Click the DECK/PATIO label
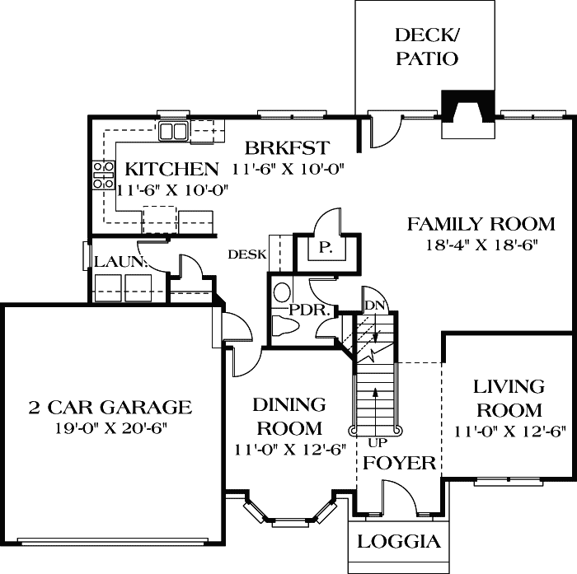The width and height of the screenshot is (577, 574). click(425, 46)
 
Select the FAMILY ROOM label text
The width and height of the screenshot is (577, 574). click(481, 223)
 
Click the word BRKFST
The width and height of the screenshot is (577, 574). click(288, 148)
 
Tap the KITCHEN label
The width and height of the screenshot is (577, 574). click(171, 170)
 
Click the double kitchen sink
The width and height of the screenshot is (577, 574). click(174, 130)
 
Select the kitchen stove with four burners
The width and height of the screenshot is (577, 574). click(104, 176)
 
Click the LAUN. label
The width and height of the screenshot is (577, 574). click(120, 262)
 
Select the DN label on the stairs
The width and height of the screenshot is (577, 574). click(373, 305)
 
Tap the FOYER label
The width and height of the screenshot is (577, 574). click(399, 463)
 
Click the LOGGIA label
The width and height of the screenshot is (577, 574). click(400, 543)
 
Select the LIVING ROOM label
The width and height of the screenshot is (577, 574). click(509, 398)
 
